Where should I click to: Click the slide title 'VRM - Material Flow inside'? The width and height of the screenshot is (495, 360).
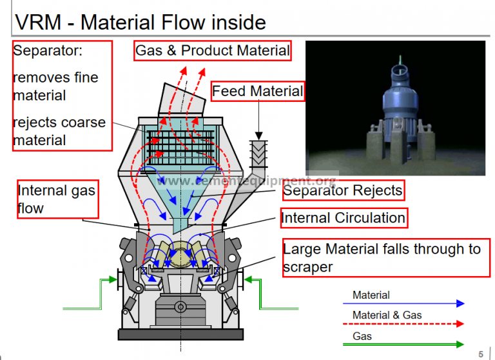(x=140, y=22)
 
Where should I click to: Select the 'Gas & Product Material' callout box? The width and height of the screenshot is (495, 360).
(x=213, y=50)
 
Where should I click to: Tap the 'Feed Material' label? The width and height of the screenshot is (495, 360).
(x=257, y=91)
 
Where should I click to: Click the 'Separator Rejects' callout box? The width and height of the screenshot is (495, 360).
(x=343, y=190)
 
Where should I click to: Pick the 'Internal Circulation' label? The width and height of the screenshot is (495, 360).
(x=344, y=218)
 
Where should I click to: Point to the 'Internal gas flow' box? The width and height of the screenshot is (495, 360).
(x=57, y=199)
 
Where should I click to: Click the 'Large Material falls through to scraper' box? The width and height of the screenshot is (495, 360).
(x=385, y=257)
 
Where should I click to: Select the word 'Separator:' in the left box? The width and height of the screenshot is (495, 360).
(x=48, y=50)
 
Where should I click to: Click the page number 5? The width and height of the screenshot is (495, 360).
(x=481, y=354)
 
